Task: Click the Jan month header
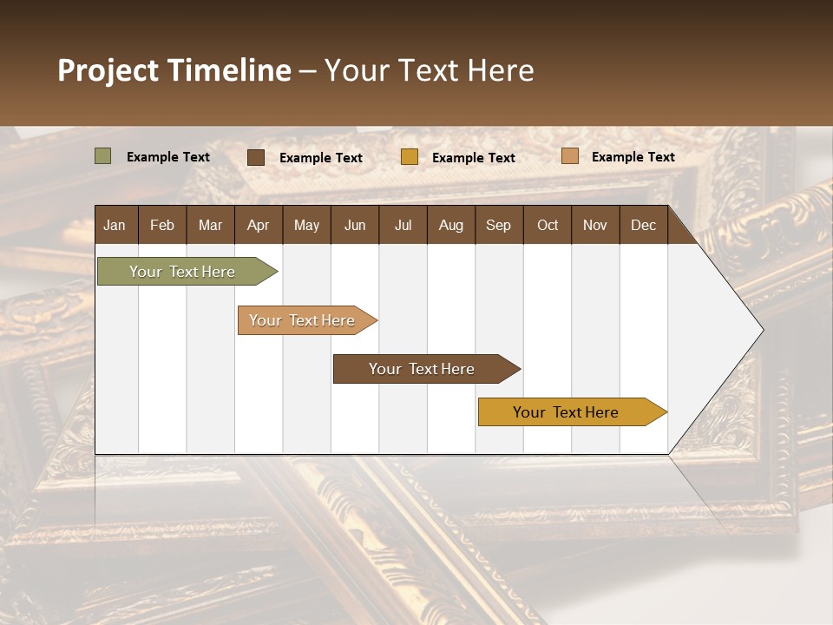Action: click(x=115, y=226)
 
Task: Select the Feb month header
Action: click(x=162, y=226)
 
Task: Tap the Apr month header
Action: click(x=258, y=226)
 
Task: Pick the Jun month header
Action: click(x=355, y=226)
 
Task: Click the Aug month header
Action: click(x=450, y=226)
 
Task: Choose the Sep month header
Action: click(x=498, y=226)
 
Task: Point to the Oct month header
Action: click(x=548, y=226)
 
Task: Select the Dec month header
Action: click(x=643, y=226)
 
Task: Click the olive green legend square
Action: click(x=103, y=156)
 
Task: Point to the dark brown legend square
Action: click(x=256, y=157)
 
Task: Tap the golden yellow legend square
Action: click(x=410, y=157)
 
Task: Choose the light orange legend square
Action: click(x=569, y=156)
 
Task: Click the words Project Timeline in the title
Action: click(x=174, y=70)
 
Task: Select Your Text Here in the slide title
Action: click(x=429, y=70)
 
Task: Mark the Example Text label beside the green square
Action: click(x=168, y=157)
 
